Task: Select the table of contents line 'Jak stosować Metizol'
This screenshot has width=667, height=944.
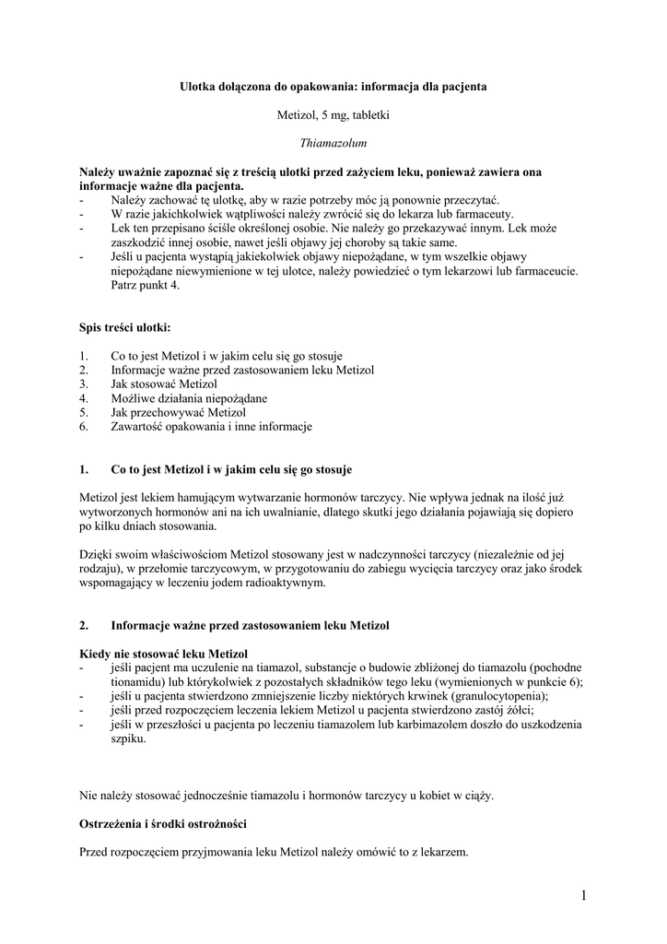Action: click(x=164, y=383)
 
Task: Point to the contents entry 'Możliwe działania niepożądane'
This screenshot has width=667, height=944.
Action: click(x=189, y=398)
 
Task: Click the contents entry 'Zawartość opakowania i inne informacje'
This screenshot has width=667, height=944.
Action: click(x=211, y=427)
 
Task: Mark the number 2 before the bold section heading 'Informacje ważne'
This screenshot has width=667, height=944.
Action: click(x=84, y=625)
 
